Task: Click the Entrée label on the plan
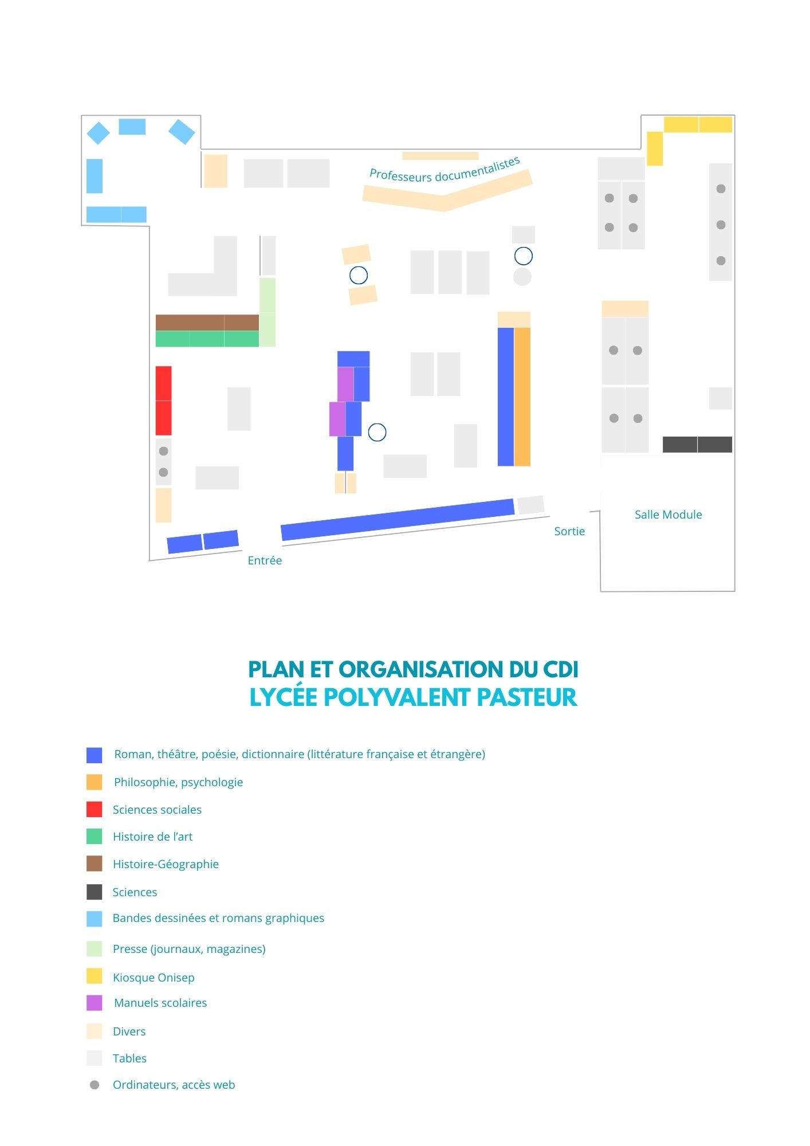[x=265, y=560]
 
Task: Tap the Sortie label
[x=569, y=531]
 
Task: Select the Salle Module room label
[x=668, y=515]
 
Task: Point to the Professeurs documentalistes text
[x=445, y=170]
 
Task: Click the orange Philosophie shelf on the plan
[x=522, y=397]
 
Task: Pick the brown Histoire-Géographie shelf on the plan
[x=207, y=323]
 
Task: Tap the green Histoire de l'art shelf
[x=207, y=339]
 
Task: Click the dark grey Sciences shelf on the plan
[x=697, y=444]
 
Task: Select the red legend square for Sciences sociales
[x=95, y=809]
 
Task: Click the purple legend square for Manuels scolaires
[x=95, y=1003]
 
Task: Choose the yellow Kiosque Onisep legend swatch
[x=95, y=976]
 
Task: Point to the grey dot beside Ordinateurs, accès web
[x=95, y=1085]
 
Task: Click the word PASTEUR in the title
[x=526, y=697]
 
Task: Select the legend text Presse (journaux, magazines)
[x=189, y=949]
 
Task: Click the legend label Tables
[x=129, y=1058]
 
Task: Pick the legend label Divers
[x=129, y=1031]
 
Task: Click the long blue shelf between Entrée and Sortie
[x=398, y=520]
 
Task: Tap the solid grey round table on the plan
[x=522, y=277]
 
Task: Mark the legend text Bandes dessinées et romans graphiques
[x=218, y=918]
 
